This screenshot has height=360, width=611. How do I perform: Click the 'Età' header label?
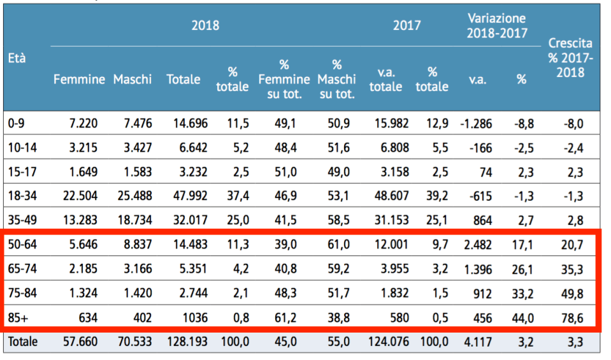[x=17, y=57]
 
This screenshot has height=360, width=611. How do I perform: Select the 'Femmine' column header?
[x=79, y=80]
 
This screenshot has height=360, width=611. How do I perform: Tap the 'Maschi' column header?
[x=133, y=80]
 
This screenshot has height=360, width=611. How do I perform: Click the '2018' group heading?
[x=205, y=25]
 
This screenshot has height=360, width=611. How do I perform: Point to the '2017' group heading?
[x=406, y=25]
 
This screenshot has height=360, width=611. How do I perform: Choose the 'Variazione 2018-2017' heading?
[x=497, y=25]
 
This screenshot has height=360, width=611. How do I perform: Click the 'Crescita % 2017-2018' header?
[x=570, y=57]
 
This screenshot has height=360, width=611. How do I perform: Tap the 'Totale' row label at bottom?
[x=23, y=342]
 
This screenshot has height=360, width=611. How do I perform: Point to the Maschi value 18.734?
[x=134, y=220]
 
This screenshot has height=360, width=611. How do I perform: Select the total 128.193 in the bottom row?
[x=187, y=342]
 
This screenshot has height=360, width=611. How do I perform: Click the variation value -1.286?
[x=476, y=124]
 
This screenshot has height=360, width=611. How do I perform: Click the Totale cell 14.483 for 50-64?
[x=190, y=244]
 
